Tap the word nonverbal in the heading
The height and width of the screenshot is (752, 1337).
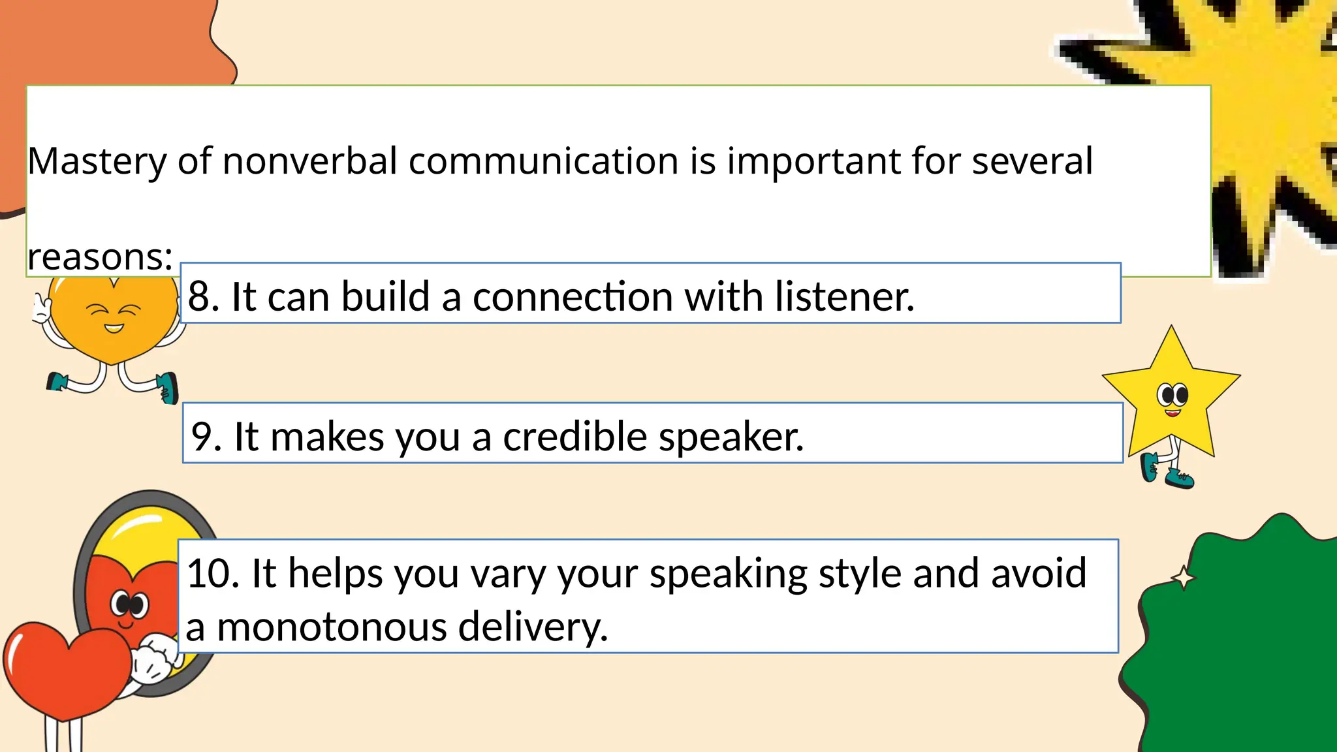(x=309, y=161)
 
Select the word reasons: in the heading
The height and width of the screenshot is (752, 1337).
(x=100, y=257)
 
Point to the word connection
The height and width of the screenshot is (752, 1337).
(x=573, y=296)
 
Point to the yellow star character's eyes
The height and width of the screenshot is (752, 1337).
(x=1172, y=395)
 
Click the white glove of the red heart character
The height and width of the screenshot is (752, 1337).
(x=153, y=659)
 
